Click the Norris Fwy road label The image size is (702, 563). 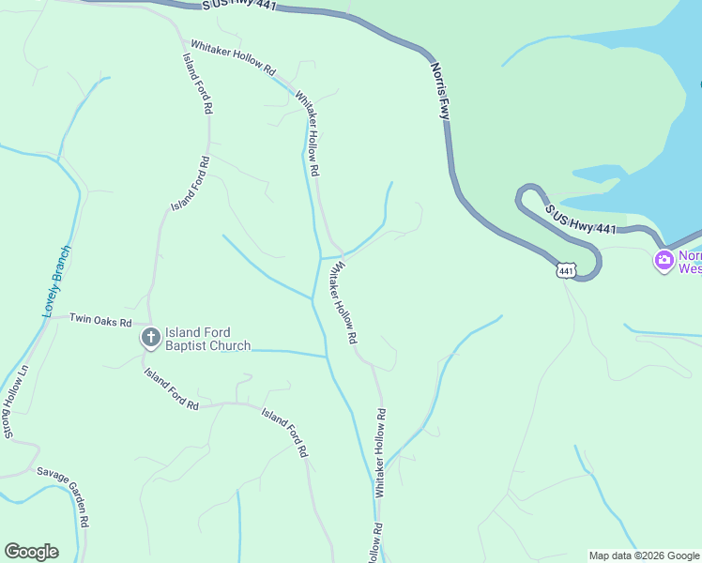[440, 90]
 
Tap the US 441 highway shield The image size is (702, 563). [566, 271]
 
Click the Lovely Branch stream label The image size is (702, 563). [56, 281]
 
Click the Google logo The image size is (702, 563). [31, 552]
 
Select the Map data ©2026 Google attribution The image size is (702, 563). [645, 555]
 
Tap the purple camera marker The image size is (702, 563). [664, 260]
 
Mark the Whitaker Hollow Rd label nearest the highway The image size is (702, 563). [233, 56]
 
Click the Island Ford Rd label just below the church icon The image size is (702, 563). [171, 388]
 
